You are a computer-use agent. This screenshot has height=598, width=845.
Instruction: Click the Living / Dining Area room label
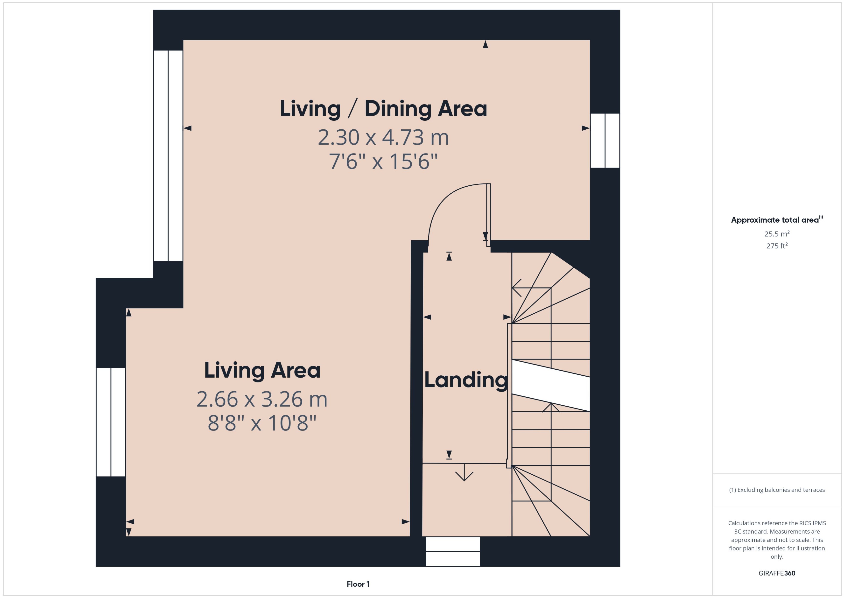(x=383, y=109)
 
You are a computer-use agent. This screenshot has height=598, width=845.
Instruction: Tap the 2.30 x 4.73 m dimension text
(x=383, y=137)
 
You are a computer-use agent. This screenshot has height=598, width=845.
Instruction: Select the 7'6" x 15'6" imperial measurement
(x=383, y=162)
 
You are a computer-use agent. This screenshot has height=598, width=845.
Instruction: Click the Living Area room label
(x=262, y=370)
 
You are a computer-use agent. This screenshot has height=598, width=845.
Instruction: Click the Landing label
(x=466, y=380)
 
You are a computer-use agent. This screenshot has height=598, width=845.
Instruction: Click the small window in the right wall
(x=605, y=141)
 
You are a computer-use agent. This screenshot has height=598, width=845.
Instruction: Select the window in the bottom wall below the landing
(x=453, y=551)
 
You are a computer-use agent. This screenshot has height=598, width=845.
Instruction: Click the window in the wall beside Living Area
(x=111, y=422)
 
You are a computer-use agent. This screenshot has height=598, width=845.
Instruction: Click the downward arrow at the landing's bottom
(x=464, y=473)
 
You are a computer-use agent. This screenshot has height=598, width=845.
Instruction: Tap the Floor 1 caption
(x=358, y=584)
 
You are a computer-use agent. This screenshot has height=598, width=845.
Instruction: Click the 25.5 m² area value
(x=776, y=234)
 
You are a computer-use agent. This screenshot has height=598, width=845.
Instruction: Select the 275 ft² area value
(x=776, y=246)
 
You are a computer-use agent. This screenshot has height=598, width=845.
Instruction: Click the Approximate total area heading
(x=775, y=220)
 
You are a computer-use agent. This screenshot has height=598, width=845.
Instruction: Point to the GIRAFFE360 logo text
(x=776, y=573)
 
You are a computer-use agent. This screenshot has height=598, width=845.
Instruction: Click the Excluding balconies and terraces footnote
(x=776, y=490)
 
